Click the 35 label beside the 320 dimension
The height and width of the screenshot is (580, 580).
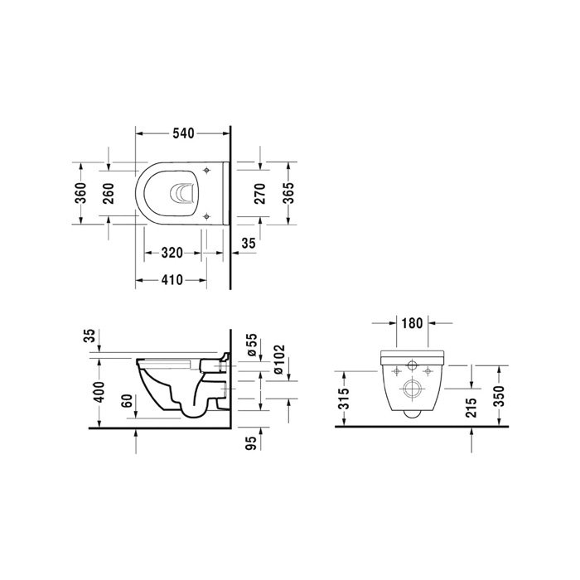249,244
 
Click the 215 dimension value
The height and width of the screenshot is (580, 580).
471,408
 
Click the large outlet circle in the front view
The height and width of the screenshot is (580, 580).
410,390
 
